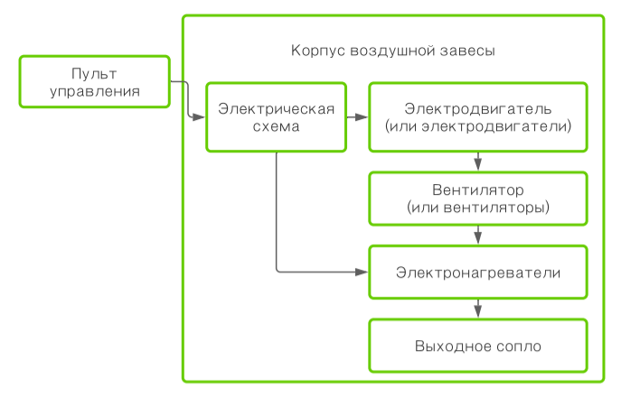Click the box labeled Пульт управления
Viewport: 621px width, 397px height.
[94, 81]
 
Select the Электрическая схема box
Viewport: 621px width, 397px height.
[276, 117]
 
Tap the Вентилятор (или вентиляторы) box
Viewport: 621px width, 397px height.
[478, 198]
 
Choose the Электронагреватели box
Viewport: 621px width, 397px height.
[478, 272]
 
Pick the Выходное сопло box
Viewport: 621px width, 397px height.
[478, 345]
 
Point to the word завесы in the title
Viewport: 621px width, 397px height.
[467, 51]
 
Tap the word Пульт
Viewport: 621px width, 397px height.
[94, 73]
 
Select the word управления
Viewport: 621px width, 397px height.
[94, 90]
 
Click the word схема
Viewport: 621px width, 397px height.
[276, 127]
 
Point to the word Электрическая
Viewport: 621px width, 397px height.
[276, 109]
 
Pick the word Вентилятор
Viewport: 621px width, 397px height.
[478, 190]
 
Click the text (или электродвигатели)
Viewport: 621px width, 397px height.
[478, 126]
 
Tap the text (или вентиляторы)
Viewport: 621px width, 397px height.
[478, 208]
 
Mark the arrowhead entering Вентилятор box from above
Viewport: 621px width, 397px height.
[478, 166]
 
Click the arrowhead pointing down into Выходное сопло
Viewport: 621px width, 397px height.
[478, 312]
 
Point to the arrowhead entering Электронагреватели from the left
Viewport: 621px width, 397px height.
[362, 272]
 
